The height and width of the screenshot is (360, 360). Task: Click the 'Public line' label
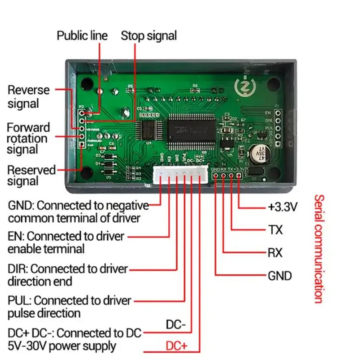(82, 36)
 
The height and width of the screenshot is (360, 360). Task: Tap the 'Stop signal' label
(148, 36)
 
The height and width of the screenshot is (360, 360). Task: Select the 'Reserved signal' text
(31, 175)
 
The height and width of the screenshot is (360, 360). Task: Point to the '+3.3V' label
(283, 207)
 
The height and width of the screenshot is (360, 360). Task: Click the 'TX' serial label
(275, 230)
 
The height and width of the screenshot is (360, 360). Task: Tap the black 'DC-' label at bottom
(176, 324)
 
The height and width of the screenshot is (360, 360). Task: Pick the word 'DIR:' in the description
(18, 269)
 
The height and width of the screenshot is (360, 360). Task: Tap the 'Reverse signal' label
(29, 96)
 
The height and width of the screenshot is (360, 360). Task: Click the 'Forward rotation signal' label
(28, 138)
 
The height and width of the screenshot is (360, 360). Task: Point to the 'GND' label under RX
(279, 276)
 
